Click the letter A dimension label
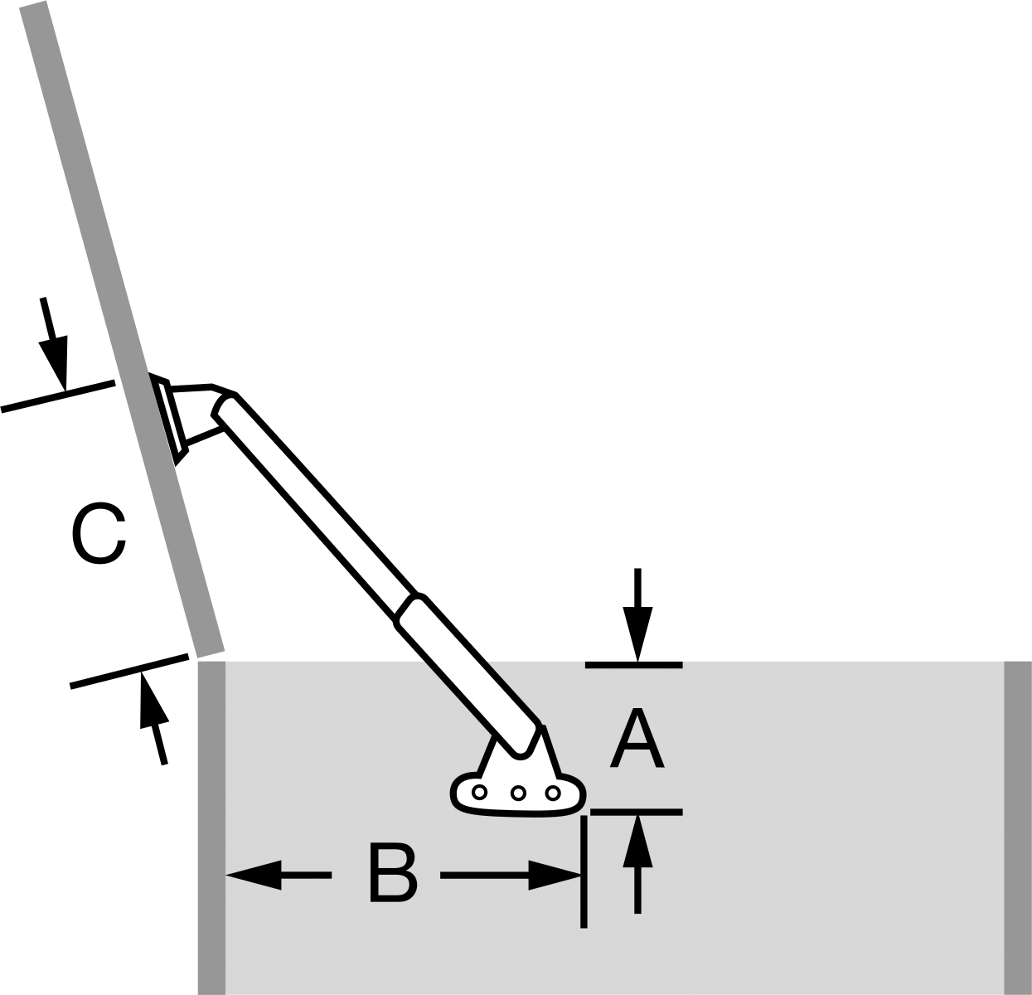tap(637, 739)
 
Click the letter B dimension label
tap(393, 875)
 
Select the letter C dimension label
tap(99, 533)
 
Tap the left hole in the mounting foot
tap(479, 793)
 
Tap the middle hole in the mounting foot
tap(518, 794)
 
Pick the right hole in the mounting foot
tap(553, 794)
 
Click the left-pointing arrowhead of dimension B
tap(254, 875)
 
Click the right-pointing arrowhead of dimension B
tap(555, 875)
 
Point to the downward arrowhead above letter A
tap(637, 633)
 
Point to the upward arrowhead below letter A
tap(637, 841)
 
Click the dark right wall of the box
tap(1018, 828)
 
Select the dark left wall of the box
tap(211, 828)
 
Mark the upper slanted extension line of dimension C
tap(58, 396)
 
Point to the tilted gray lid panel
tap(122, 328)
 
